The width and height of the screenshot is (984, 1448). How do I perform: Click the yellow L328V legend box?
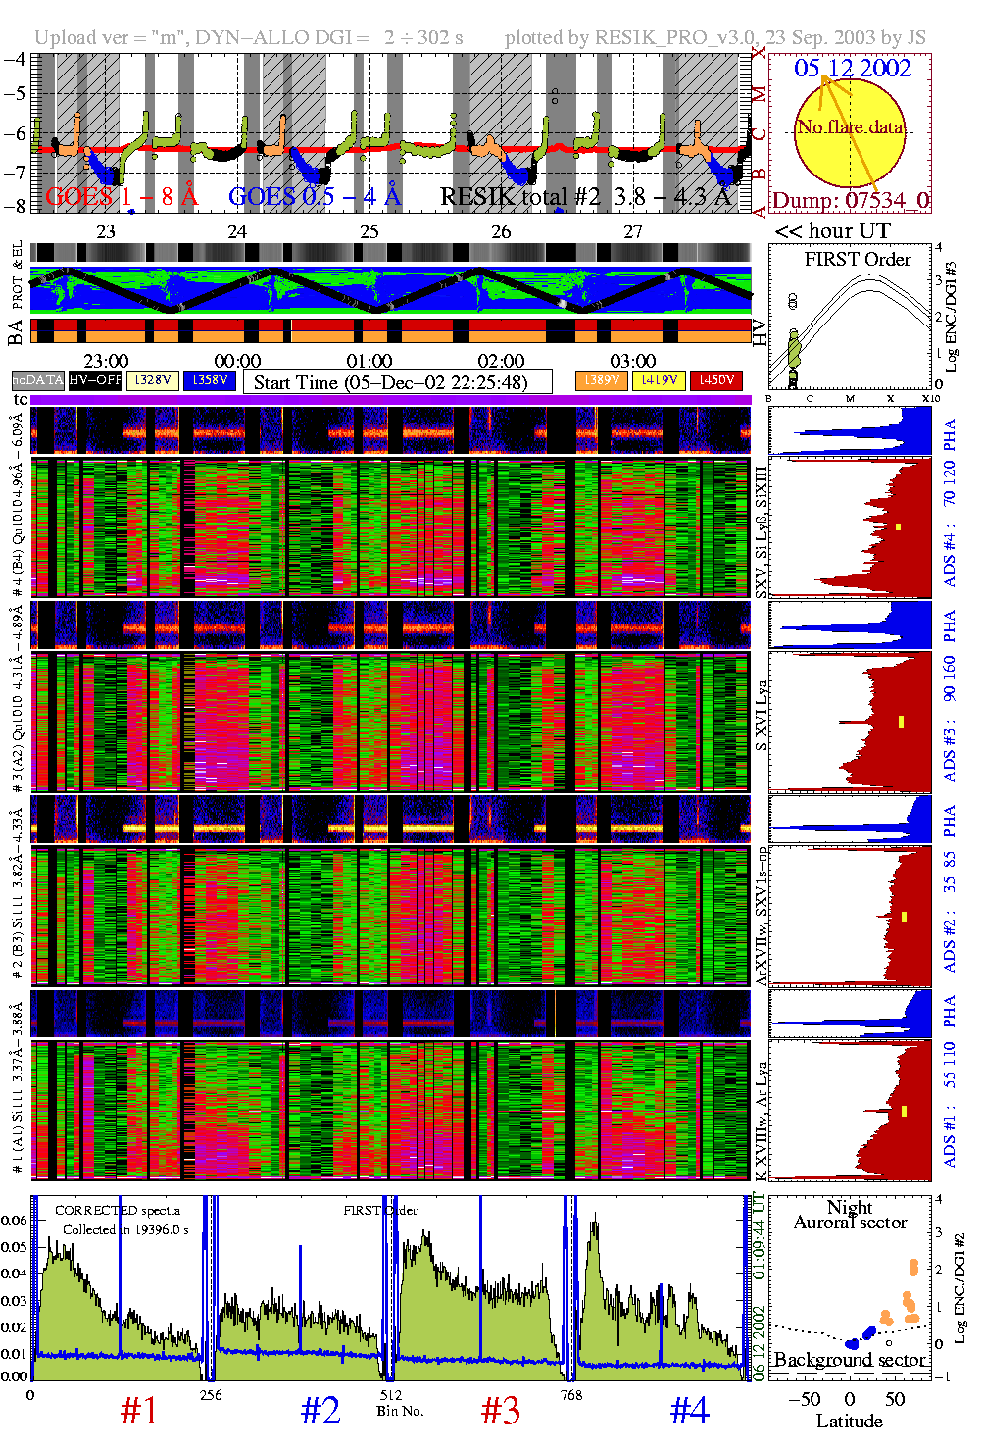153,380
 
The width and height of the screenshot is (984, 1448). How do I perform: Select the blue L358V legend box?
210,380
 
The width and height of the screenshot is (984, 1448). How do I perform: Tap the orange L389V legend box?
601,380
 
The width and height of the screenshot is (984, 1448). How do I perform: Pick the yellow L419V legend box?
659,380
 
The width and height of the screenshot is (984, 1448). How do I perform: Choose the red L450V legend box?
716,380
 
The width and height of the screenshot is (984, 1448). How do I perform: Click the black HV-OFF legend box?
95,380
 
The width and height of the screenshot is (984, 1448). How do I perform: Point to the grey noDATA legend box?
38,380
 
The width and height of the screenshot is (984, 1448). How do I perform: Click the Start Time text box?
397,382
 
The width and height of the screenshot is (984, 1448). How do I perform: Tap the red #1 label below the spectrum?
139,1411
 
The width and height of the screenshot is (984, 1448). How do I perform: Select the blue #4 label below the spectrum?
689,1411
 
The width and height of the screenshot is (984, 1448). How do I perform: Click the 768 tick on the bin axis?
570,1395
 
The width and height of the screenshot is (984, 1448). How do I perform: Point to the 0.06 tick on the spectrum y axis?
14,1221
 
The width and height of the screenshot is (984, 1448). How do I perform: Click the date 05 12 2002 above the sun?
852,69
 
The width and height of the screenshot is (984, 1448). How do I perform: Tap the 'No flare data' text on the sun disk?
850,127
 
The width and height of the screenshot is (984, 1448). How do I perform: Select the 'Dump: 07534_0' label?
851,201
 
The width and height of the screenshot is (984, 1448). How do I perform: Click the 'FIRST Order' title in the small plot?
858,260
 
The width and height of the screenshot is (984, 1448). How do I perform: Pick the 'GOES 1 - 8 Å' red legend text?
122,197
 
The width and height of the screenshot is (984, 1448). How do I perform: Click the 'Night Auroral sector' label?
850,1215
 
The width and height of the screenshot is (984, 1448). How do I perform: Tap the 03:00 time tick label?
632,362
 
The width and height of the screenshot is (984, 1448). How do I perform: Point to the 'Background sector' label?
850,1360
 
